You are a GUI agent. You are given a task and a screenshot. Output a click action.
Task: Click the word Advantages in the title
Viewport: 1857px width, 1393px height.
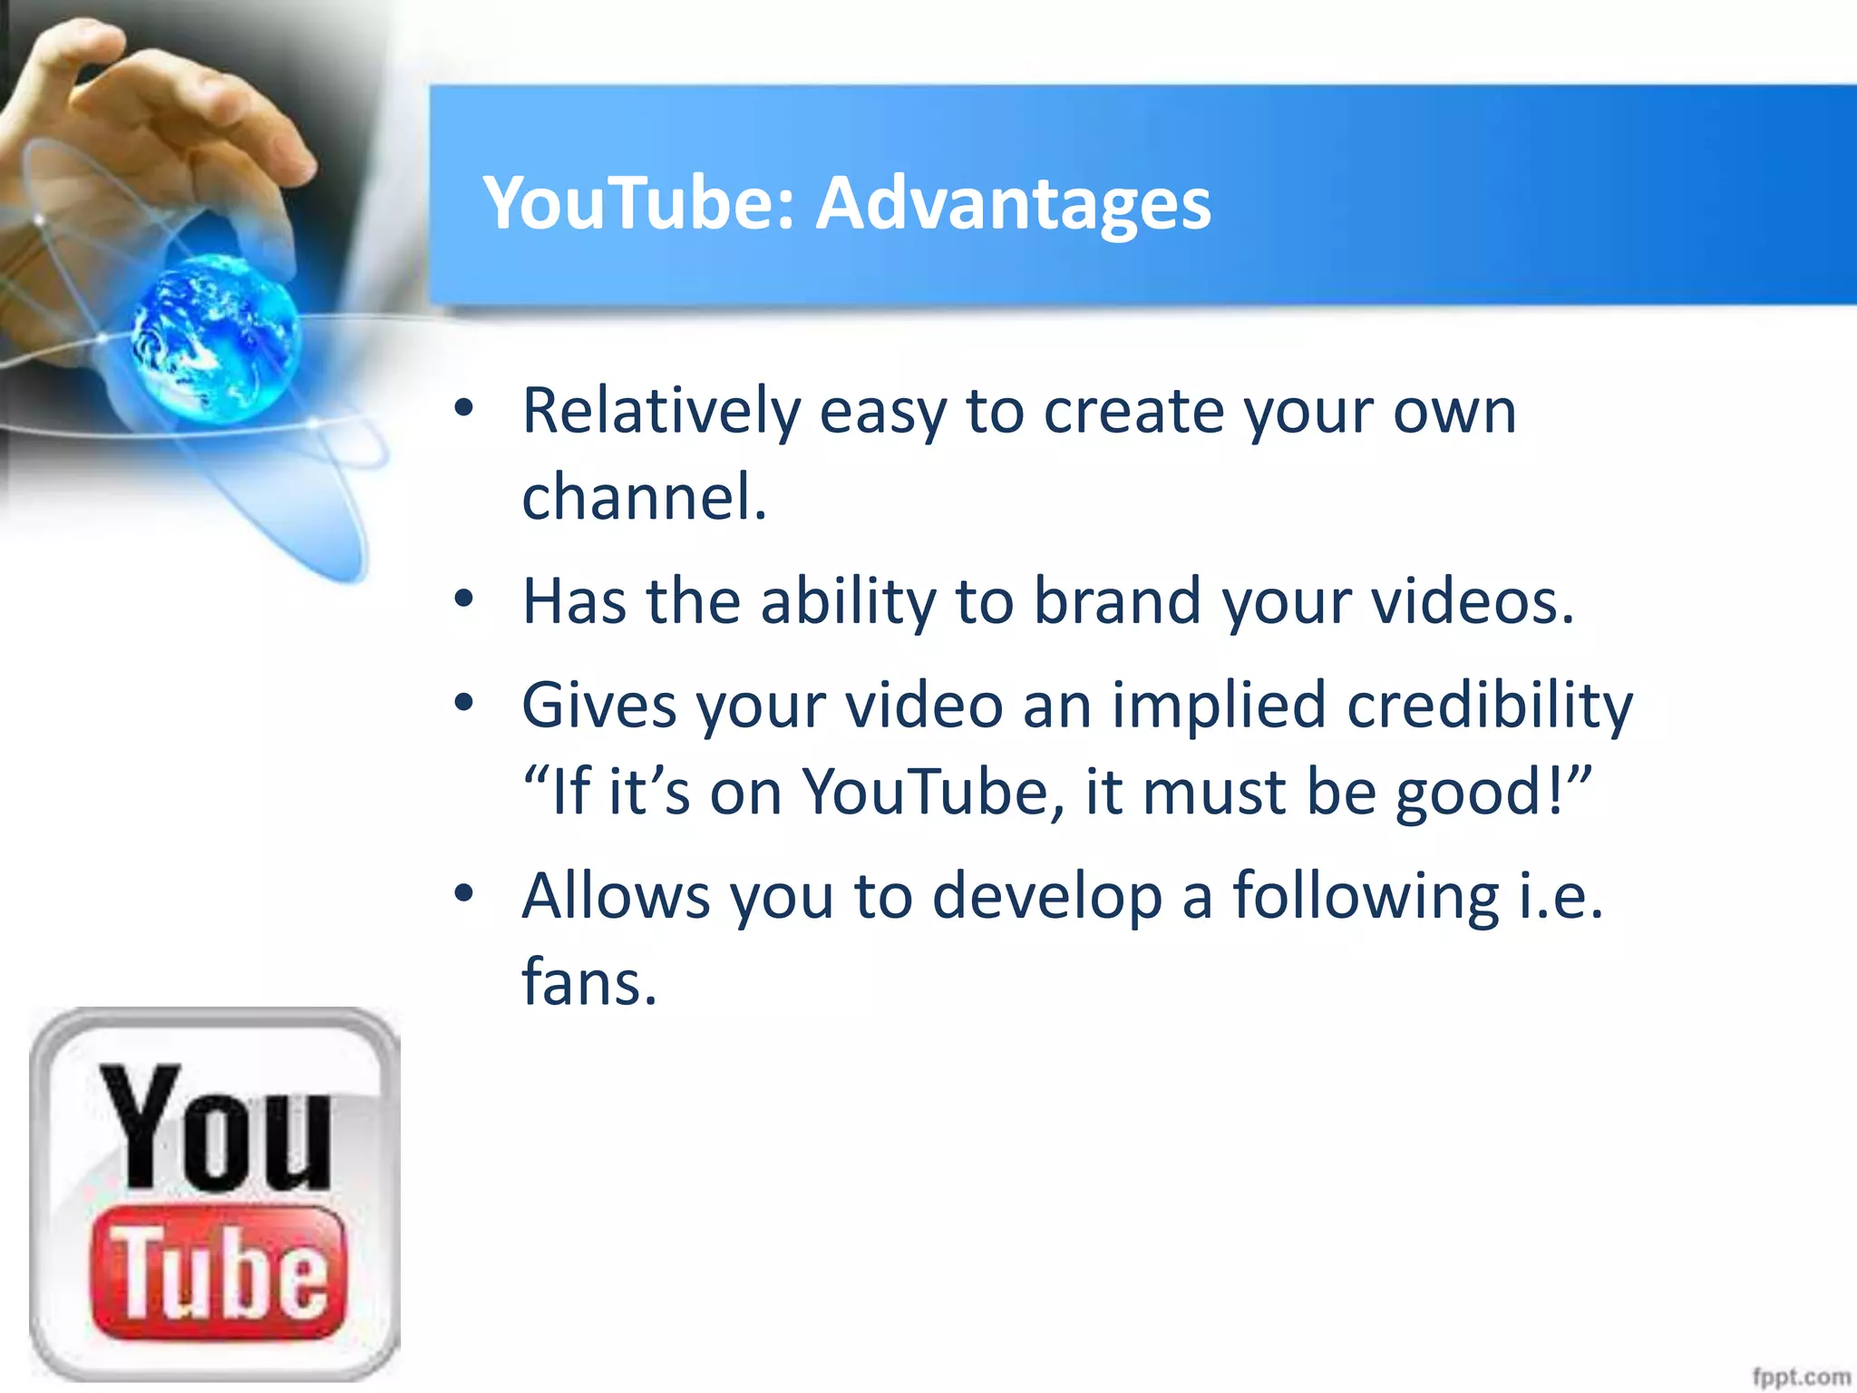pos(1013,203)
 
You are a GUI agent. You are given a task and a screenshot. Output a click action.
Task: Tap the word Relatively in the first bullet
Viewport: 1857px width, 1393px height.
pos(661,413)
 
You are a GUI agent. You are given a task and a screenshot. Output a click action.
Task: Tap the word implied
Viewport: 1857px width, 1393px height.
pos(1219,706)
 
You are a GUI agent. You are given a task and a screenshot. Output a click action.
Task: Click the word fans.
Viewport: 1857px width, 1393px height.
pos(589,982)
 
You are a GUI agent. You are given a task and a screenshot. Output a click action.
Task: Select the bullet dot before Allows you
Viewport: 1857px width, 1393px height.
pos(464,894)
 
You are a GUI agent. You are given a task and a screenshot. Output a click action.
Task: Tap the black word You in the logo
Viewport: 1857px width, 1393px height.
pos(215,1128)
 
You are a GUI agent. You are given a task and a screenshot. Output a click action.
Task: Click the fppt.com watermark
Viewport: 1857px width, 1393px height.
pos(1801,1377)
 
